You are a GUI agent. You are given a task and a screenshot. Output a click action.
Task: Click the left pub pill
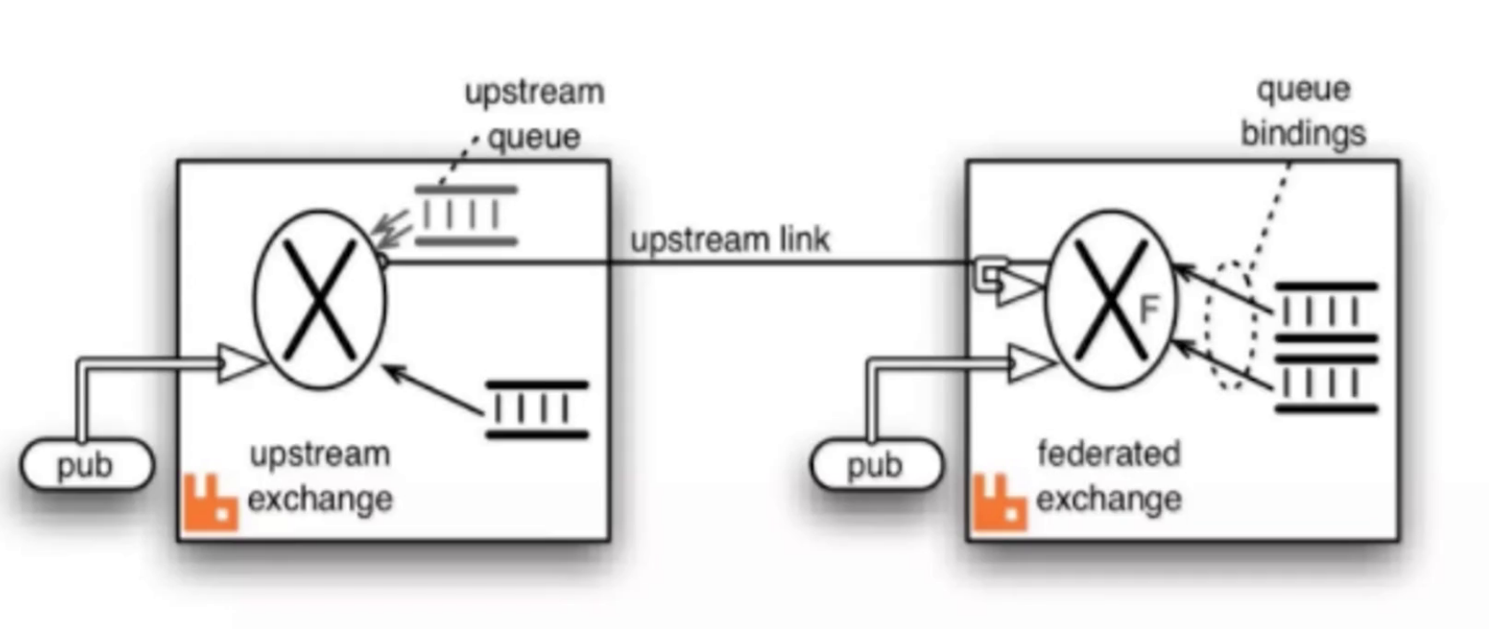86,465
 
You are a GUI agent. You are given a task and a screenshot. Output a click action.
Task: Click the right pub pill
876,465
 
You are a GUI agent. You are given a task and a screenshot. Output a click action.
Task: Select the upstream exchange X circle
320,299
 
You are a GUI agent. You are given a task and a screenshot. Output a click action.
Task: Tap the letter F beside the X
1149,310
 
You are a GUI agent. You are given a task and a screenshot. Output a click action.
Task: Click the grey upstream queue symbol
466,215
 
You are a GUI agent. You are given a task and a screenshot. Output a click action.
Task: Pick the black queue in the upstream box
537,409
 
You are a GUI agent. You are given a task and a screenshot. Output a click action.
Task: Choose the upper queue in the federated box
1326,312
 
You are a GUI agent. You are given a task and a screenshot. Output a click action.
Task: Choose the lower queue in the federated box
1326,384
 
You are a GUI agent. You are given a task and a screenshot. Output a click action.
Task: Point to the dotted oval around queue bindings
1231,325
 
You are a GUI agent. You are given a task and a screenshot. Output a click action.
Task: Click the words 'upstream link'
730,239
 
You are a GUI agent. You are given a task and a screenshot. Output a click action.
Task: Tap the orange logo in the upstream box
210,503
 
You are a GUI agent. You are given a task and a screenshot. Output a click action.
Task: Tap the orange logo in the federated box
1000,503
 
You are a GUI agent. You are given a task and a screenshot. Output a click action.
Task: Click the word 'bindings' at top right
1303,134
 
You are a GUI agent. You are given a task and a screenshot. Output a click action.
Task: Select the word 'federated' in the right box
1109,454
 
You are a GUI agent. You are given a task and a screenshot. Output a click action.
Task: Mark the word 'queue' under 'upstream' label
534,137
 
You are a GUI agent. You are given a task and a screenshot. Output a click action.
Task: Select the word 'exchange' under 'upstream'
320,500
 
